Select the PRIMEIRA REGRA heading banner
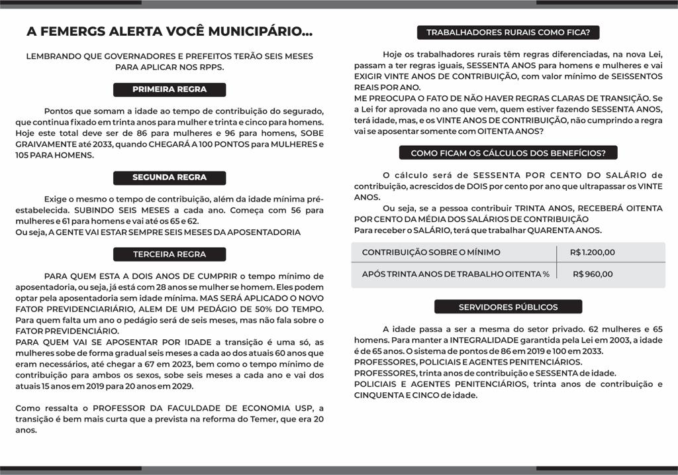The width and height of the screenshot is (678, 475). [x=169, y=89]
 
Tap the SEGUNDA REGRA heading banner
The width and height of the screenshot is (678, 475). [x=169, y=178]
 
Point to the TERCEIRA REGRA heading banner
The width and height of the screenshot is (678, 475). [x=169, y=254]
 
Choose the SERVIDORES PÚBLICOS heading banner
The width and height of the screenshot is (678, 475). [x=508, y=307]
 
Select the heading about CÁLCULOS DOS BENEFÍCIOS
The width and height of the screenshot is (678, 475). [x=508, y=153]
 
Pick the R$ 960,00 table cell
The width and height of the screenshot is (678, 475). [x=593, y=274]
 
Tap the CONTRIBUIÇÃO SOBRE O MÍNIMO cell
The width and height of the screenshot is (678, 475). [x=431, y=252]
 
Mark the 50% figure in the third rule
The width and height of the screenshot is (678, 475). [x=236, y=309]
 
